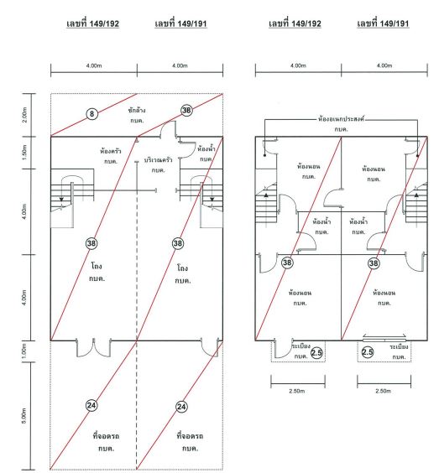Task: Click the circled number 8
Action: (x=91, y=114)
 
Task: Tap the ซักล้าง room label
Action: (x=137, y=111)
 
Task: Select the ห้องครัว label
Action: (x=111, y=151)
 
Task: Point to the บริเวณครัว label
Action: (x=158, y=160)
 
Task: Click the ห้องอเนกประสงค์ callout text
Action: (x=341, y=119)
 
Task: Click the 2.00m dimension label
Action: (x=24, y=115)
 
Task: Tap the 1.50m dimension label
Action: (x=24, y=153)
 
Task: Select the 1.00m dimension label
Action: (x=24, y=351)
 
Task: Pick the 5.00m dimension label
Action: (x=24, y=416)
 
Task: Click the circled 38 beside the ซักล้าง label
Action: (x=186, y=111)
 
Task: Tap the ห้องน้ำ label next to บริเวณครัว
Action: (x=206, y=149)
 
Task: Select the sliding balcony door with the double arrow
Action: (x=384, y=338)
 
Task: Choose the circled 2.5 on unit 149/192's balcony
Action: (x=316, y=352)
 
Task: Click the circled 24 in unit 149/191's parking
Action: (x=181, y=407)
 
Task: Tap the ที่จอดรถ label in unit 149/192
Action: (x=106, y=436)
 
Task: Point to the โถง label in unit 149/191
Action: (x=182, y=268)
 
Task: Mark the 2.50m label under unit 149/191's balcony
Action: (x=383, y=391)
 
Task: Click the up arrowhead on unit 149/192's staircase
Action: (x=266, y=195)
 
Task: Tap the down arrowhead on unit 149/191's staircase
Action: (x=212, y=200)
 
